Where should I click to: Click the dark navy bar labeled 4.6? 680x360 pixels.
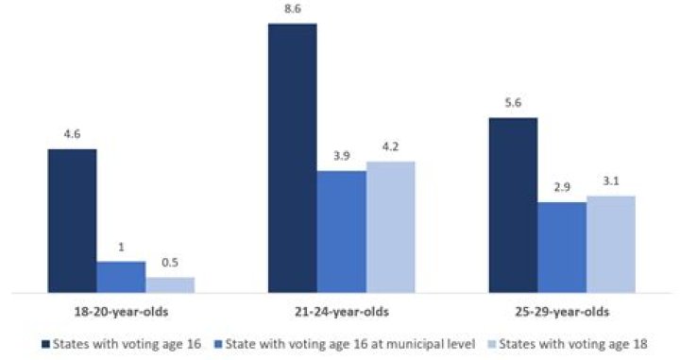tap(73, 220)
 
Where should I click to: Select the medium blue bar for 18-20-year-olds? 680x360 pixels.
tap(122, 277)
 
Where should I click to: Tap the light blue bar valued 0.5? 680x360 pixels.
tap(170, 284)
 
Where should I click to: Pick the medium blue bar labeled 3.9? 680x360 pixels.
tap(341, 231)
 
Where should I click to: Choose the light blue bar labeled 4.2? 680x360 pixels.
tap(390, 227)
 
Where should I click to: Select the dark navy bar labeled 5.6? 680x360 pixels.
tap(513, 205)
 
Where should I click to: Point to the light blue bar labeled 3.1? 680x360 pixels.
tap(610, 244)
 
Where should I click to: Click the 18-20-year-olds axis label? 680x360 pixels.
tap(122, 311)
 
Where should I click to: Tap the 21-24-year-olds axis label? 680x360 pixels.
tap(341, 311)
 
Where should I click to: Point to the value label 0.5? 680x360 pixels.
tap(170, 266)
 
